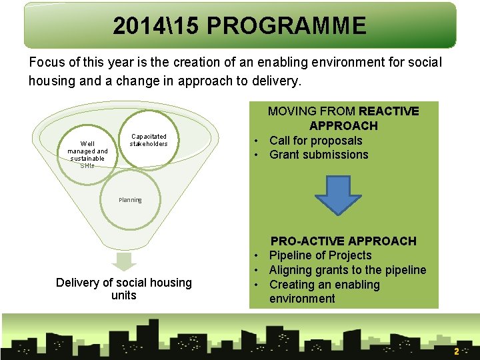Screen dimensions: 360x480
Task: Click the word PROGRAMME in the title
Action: pyautogui.click(x=287, y=26)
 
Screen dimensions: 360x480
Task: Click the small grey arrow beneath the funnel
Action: pyautogui.click(x=123, y=262)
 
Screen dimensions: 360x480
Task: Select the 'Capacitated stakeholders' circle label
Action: pyautogui.click(x=149, y=140)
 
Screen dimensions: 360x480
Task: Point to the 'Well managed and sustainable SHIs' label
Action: pyautogui.click(x=87, y=155)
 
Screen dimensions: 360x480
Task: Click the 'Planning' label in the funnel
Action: pyautogui.click(x=130, y=200)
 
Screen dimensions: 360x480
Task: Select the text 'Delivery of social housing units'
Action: pyautogui.click(x=123, y=289)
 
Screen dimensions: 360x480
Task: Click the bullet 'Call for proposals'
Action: pyautogui.click(x=315, y=141)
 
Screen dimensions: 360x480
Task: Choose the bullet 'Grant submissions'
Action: pyautogui.click(x=319, y=155)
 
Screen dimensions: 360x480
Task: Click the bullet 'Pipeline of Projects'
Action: pyautogui.click(x=320, y=255)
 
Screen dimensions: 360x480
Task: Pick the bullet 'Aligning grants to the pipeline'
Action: pyautogui.click(x=347, y=270)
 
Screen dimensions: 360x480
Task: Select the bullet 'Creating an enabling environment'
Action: pyautogui.click(x=324, y=291)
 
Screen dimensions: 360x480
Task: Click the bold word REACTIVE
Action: pyautogui.click(x=389, y=111)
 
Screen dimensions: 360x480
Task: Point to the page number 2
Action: pyautogui.click(x=456, y=351)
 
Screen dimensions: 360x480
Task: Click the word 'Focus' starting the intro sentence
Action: pyautogui.click(x=46, y=63)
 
